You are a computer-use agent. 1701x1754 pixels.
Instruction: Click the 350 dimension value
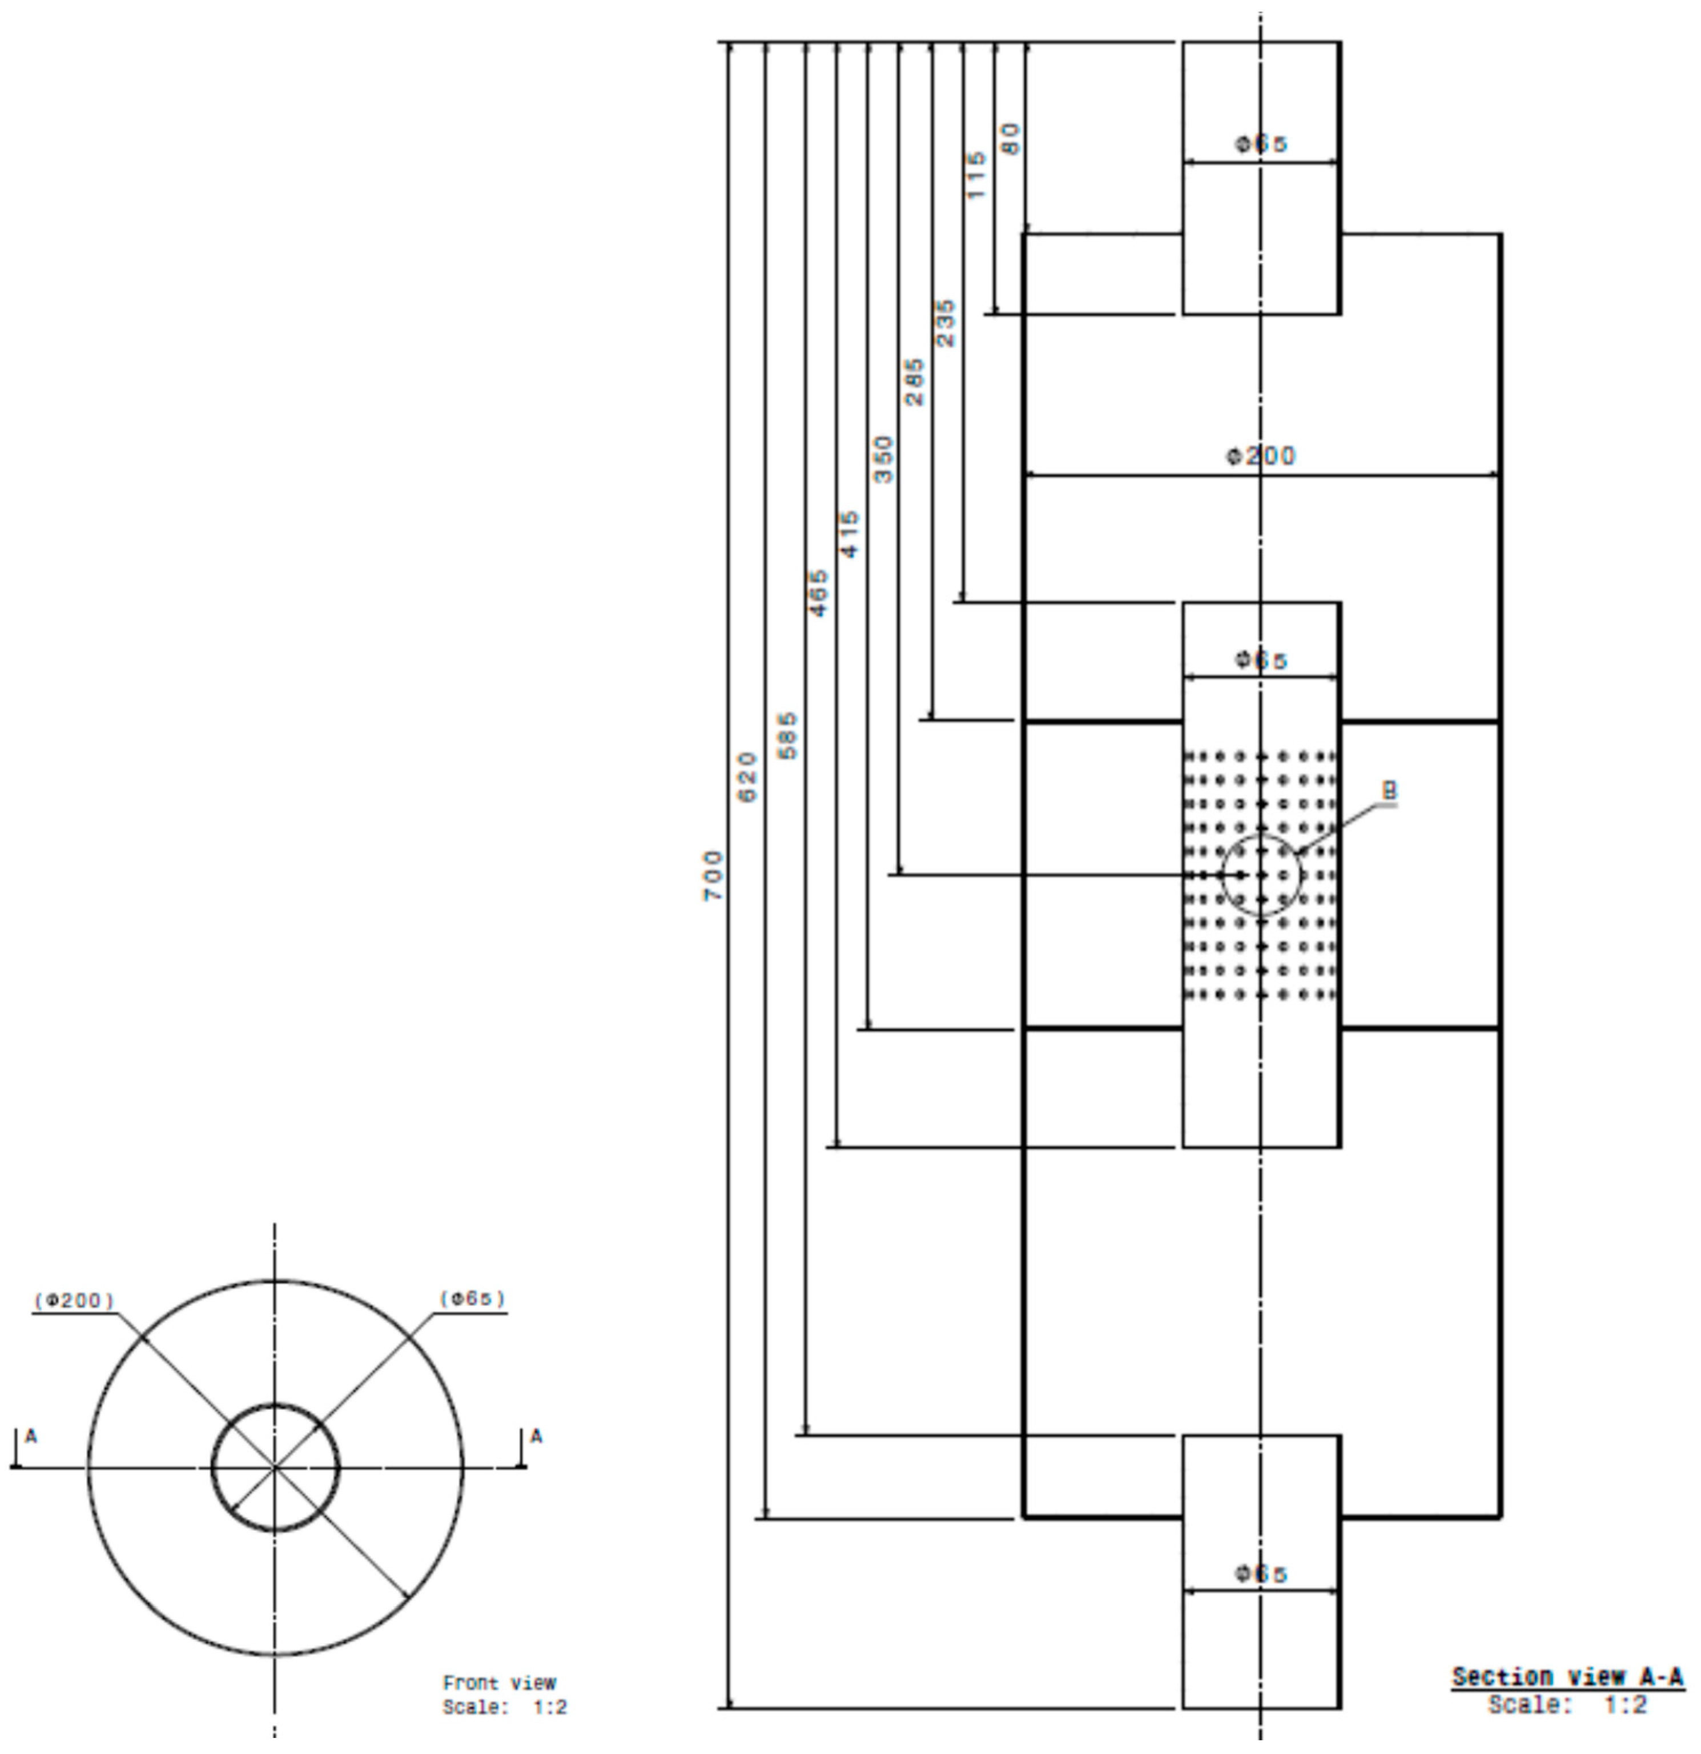(883, 459)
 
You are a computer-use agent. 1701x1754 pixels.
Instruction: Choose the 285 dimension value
(915, 382)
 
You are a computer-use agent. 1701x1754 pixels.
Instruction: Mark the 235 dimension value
(946, 323)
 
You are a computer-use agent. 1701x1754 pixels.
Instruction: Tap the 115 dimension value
(977, 175)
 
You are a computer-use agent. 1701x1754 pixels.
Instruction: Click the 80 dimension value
(1010, 139)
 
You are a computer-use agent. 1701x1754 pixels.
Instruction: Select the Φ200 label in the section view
(1260, 456)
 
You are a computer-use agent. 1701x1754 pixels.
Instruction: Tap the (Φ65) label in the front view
(472, 1298)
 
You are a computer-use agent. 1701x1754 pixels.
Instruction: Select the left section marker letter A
(31, 1437)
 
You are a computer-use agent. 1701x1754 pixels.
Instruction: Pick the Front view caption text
(499, 1683)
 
